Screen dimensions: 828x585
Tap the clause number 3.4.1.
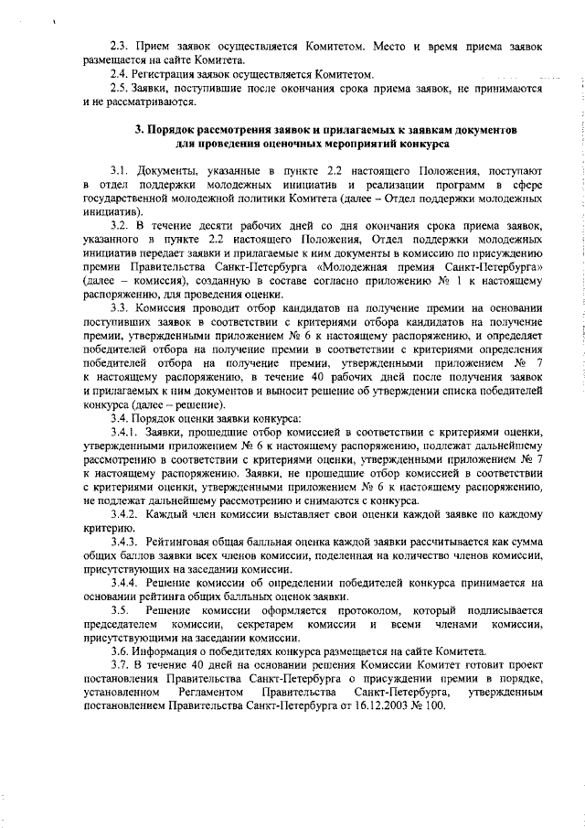tap(125, 432)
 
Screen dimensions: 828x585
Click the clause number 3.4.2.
tap(125, 517)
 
